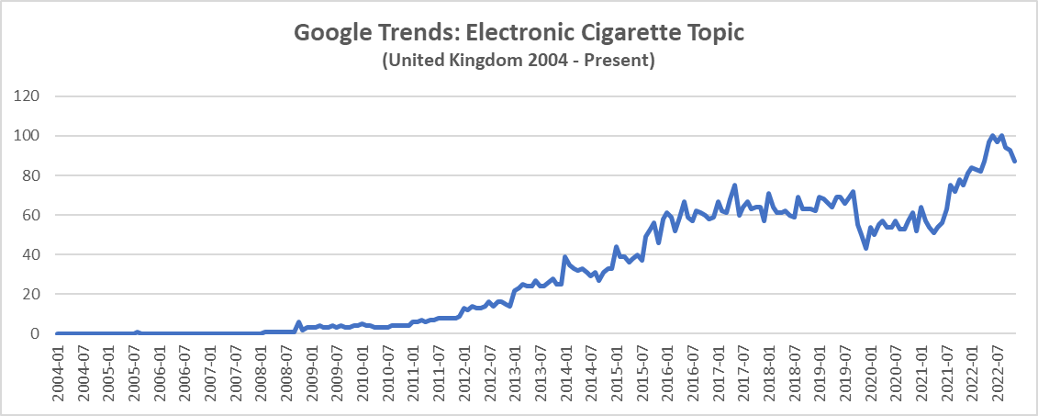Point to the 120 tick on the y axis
click(x=31, y=96)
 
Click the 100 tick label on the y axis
click(x=31, y=136)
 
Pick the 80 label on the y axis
click(x=35, y=175)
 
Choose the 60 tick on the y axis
click(x=35, y=215)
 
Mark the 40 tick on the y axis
click(x=35, y=254)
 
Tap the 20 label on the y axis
click(x=35, y=294)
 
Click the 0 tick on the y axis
click(x=39, y=333)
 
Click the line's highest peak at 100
click(x=993, y=136)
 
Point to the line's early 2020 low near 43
click(x=866, y=248)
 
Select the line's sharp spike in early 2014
click(x=565, y=256)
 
